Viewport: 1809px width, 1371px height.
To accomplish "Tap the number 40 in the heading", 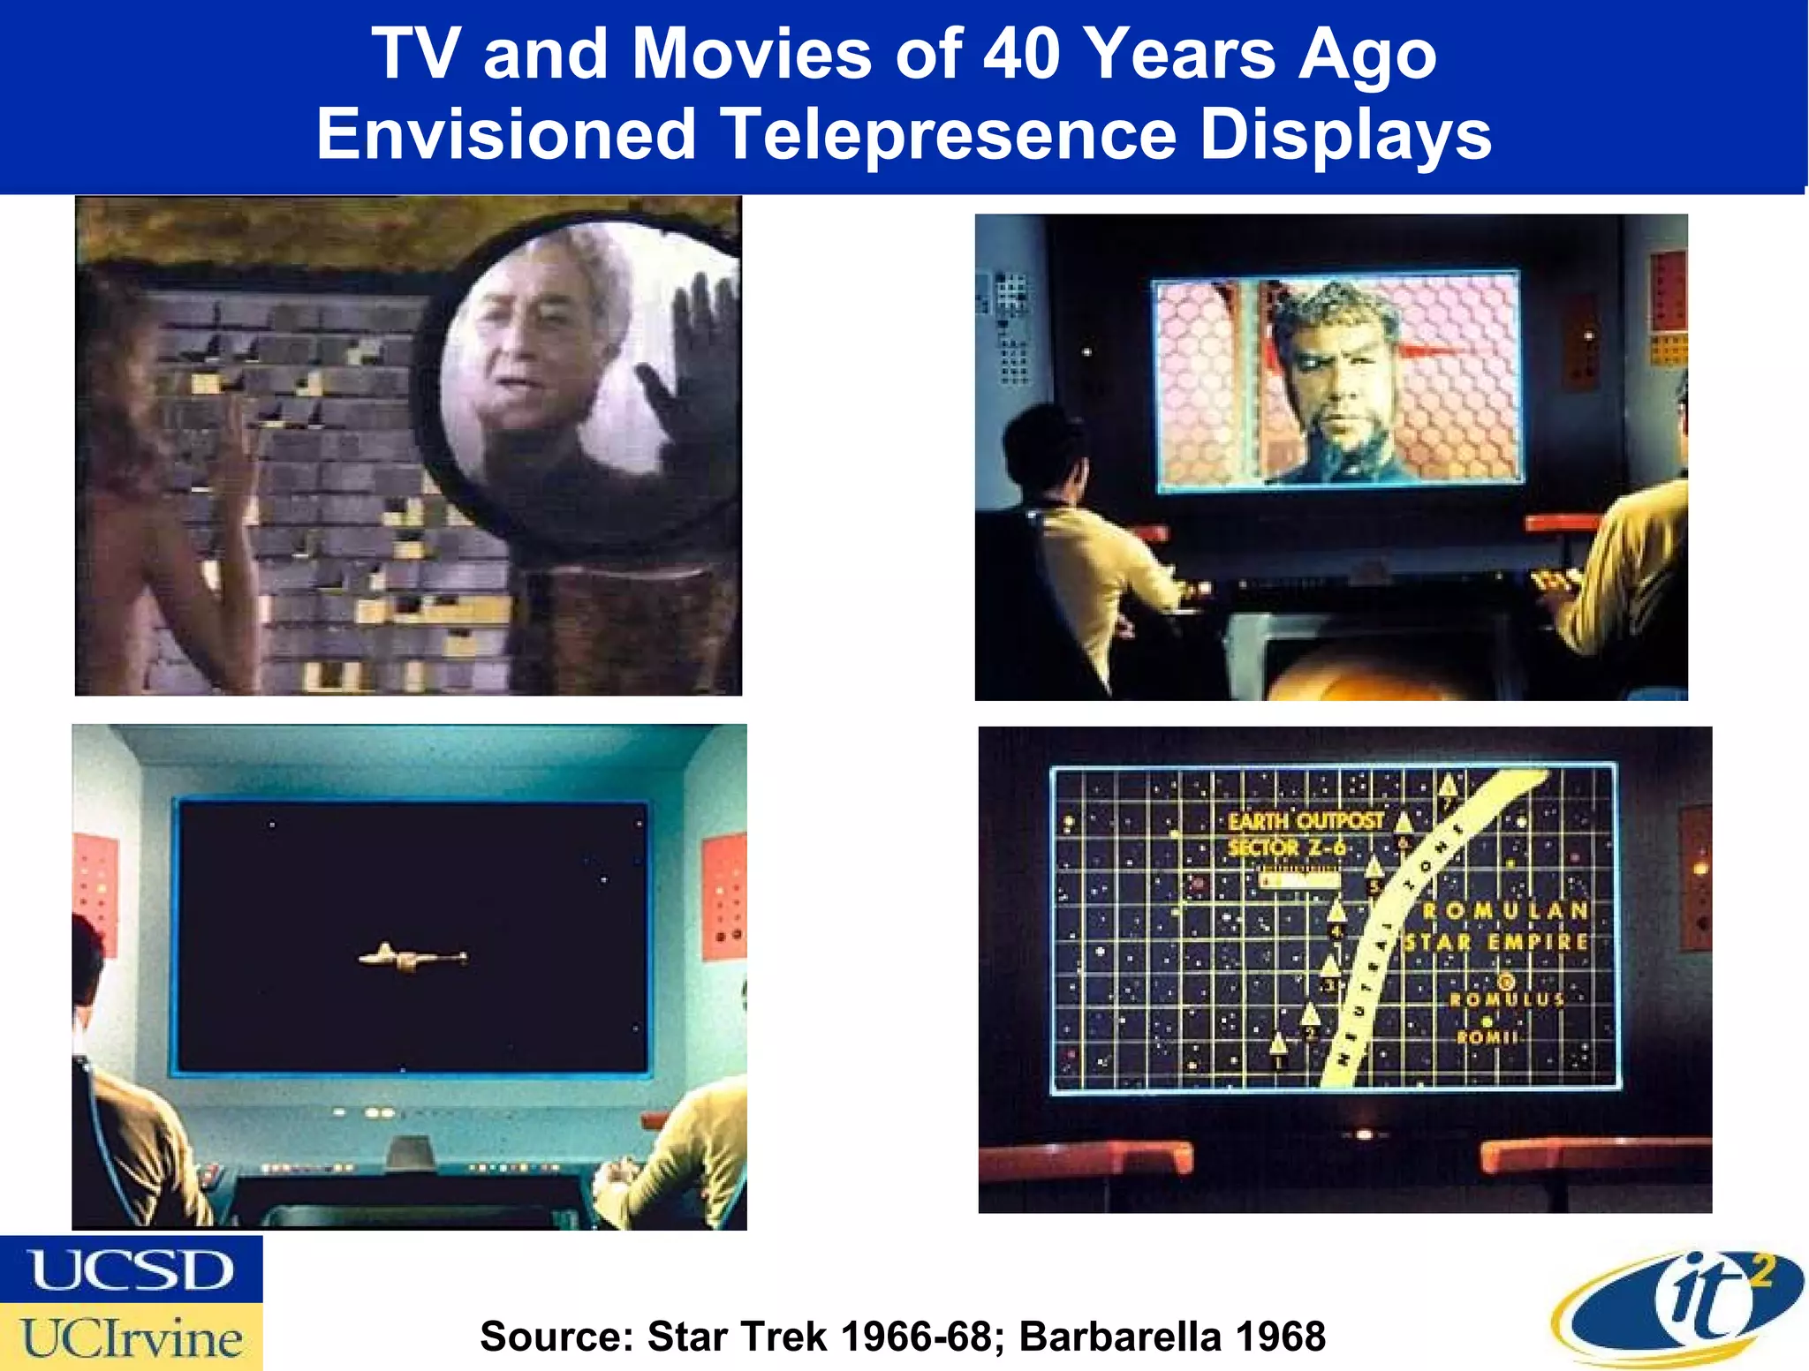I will tap(1022, 54).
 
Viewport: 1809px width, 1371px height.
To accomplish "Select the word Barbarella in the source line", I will tap(1120, 1336).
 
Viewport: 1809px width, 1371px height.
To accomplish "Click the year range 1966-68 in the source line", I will tap(917, 1336).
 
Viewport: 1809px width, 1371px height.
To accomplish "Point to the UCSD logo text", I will tap(132, 1270).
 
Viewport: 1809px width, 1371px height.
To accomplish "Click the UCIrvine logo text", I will tap(132, 1338).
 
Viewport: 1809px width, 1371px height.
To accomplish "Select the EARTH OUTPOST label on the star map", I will tap(1306, 821).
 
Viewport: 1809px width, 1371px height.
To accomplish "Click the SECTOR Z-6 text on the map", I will tap(1287, 848).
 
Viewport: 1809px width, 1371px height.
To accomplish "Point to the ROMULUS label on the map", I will tap(1507, 999).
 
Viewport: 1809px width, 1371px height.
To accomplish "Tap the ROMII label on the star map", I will tap(1487, 1037).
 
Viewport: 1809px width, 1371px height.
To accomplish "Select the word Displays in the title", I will tap(1346, 135).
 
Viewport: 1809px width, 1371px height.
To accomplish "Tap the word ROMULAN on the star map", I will tap(1505, 910).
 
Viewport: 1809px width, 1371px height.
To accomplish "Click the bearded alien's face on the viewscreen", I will tap(1334, 388).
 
